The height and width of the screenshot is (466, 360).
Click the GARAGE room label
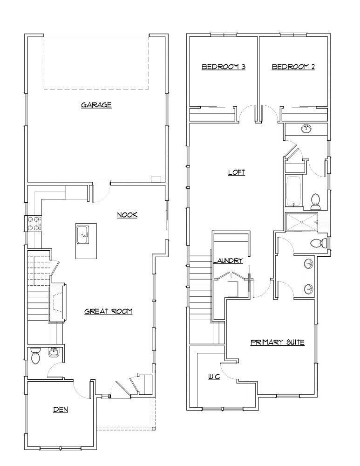[x=96, y=105]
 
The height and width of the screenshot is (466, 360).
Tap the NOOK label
[x=127, y=215]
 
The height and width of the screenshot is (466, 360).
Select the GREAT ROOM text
[x=109, y=311]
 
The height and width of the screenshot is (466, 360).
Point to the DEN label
[x=61, y=410]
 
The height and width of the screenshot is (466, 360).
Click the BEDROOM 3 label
[x=224, y=67]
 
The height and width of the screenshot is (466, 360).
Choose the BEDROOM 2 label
[x=293, y=67]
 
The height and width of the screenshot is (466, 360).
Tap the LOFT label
[x=236, y=172]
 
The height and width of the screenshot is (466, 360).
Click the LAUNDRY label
[x=228, y=260]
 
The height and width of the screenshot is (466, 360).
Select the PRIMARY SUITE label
[x=278, y=342]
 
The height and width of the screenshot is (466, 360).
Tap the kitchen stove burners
[x=34, y=223]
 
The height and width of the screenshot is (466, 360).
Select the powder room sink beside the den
[x=54, y=353]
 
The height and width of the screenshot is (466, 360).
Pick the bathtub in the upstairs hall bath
[x=293, y=191]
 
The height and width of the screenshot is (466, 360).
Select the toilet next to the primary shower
[x=318, y=243]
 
